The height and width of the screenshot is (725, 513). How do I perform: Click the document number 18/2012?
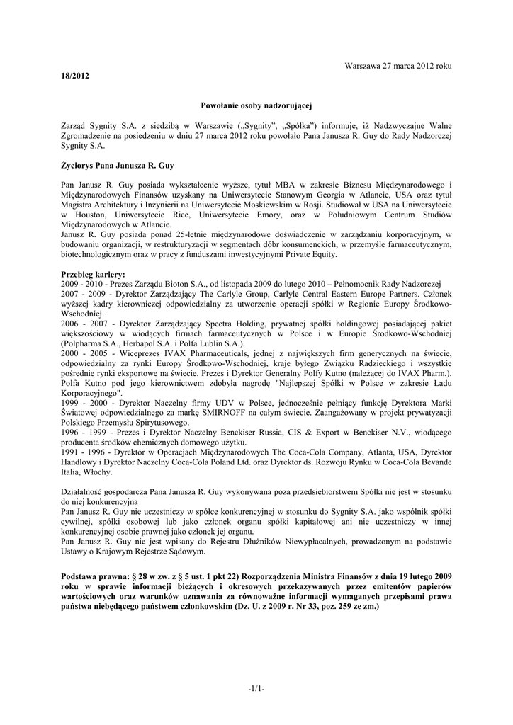click(75, 75)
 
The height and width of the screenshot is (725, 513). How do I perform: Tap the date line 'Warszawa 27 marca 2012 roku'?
click(398, 65)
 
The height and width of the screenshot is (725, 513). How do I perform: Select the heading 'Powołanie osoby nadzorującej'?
click(256, 105)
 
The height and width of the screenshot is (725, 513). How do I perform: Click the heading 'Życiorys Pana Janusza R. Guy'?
click(118, 165)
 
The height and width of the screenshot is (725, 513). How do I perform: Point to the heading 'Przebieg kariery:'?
click(94, 274)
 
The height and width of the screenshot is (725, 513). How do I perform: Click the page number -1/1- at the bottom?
click(256, 689)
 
